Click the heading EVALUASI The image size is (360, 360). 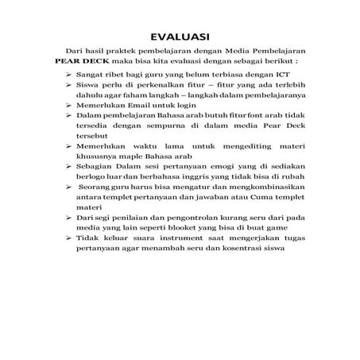[180, 36]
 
